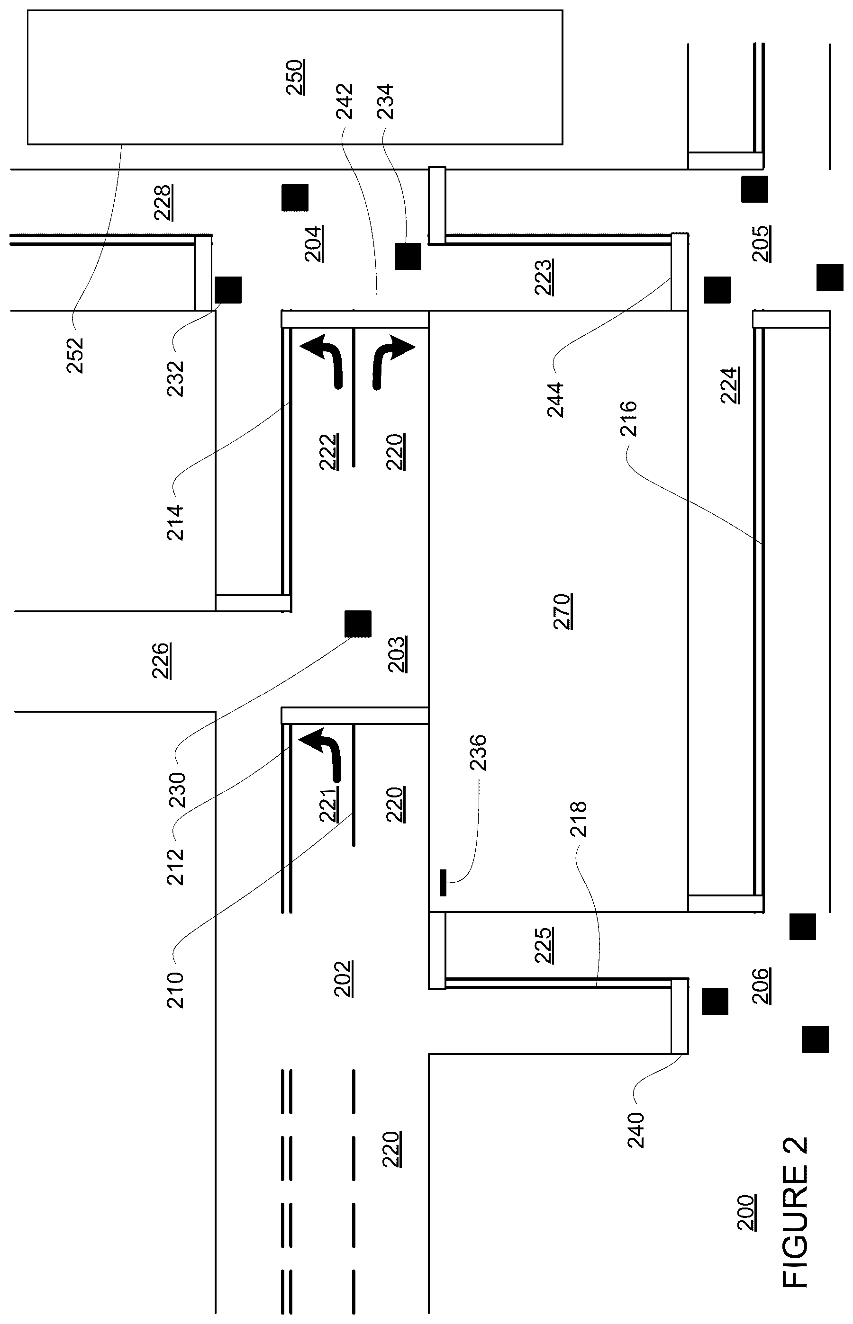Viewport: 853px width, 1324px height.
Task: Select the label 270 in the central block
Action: coord(563,612)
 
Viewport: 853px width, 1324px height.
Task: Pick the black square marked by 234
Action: coord(408,256)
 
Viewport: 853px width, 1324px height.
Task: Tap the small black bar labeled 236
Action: coord(443,883)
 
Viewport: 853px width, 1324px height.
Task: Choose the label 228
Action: coord(163,203)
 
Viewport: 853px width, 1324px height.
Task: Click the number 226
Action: coord(161,660)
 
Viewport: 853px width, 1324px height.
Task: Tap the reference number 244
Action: coord(555,400)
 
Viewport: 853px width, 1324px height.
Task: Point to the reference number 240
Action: coord(636,1130)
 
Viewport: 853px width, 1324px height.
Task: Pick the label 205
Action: coord(762,243)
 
